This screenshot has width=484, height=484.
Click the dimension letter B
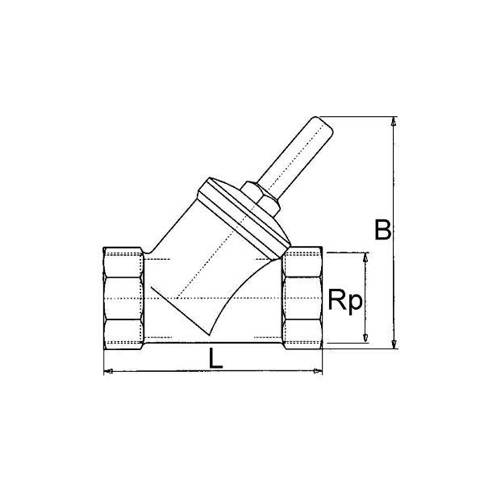tap(382, 229)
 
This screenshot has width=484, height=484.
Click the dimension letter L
tap(215, 358)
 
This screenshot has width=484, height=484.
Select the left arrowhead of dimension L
tap(108, 371)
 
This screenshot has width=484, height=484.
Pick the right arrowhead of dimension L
tap(318, 371)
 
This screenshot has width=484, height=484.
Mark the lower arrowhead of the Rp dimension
tap(365, 338)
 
